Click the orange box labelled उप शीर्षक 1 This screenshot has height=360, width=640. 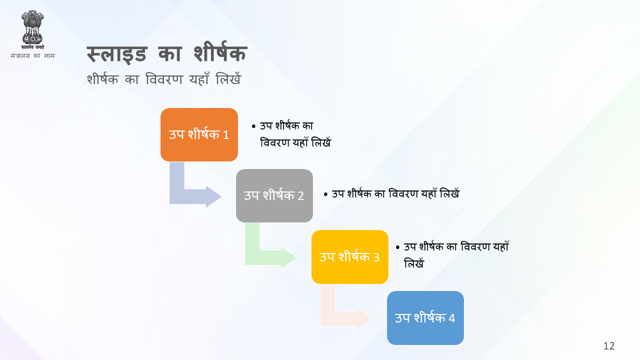[x=199, y=134]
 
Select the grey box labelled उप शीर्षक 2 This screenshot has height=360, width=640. [x=274, y=195]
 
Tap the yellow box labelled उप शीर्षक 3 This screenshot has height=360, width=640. [x=349, y=257]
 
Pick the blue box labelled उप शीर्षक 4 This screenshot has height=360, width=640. [x=425, y=318]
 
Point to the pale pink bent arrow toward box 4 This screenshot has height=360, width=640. [x=334, y=318]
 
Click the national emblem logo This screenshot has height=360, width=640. [x=32, y=29]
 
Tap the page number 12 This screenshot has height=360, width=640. [x=609, y=346]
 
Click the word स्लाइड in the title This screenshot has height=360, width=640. [x=117, y=54]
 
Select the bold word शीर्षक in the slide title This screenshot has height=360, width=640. [x=220, y=52]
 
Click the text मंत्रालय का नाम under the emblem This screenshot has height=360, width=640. [x=32, y=55]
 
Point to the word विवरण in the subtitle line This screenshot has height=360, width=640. [x=164, y=79]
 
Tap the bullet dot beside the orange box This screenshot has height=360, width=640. [x=253, y=126]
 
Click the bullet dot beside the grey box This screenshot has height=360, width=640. [x=325, y=194]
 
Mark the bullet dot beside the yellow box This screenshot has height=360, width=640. [x=397, y=247]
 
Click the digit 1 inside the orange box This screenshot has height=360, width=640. [x=225, y=135]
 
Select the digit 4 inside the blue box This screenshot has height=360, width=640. [x=451, y=318]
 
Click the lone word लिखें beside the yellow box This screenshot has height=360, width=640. [x=414, y=263]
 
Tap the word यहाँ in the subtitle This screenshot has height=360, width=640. [x=199, y=78]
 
